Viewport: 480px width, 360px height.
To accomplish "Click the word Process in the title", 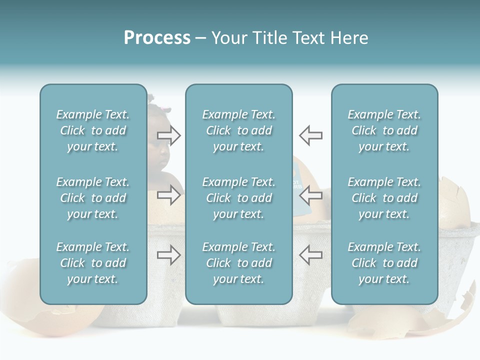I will tap(157, 38).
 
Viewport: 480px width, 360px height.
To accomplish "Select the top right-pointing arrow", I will tap(169, 135).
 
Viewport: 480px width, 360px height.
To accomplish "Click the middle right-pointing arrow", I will tap(169, 194).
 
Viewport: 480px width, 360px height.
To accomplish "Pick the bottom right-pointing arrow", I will tap(169, 255).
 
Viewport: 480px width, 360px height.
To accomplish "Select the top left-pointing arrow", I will tap(310, 135).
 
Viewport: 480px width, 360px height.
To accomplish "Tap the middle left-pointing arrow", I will tap(310, 194).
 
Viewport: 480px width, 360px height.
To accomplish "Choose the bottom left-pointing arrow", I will tap(310, 255).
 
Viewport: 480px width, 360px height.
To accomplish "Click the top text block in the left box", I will tap(93, 130).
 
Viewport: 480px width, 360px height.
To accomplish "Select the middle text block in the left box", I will tap(93, 198).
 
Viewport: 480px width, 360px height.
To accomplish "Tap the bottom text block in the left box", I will tap(93, 263).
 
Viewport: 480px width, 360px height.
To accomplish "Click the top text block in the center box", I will tap(239, 130).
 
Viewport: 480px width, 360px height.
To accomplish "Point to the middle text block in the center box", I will tap(239, 198).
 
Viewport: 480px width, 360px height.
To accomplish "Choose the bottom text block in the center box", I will tap(239, 263).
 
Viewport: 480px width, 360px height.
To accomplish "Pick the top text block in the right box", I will tap(384, 130).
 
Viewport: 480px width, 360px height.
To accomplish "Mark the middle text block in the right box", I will tap(384, 198).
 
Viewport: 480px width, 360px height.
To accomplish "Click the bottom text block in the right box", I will tap(384, 263).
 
